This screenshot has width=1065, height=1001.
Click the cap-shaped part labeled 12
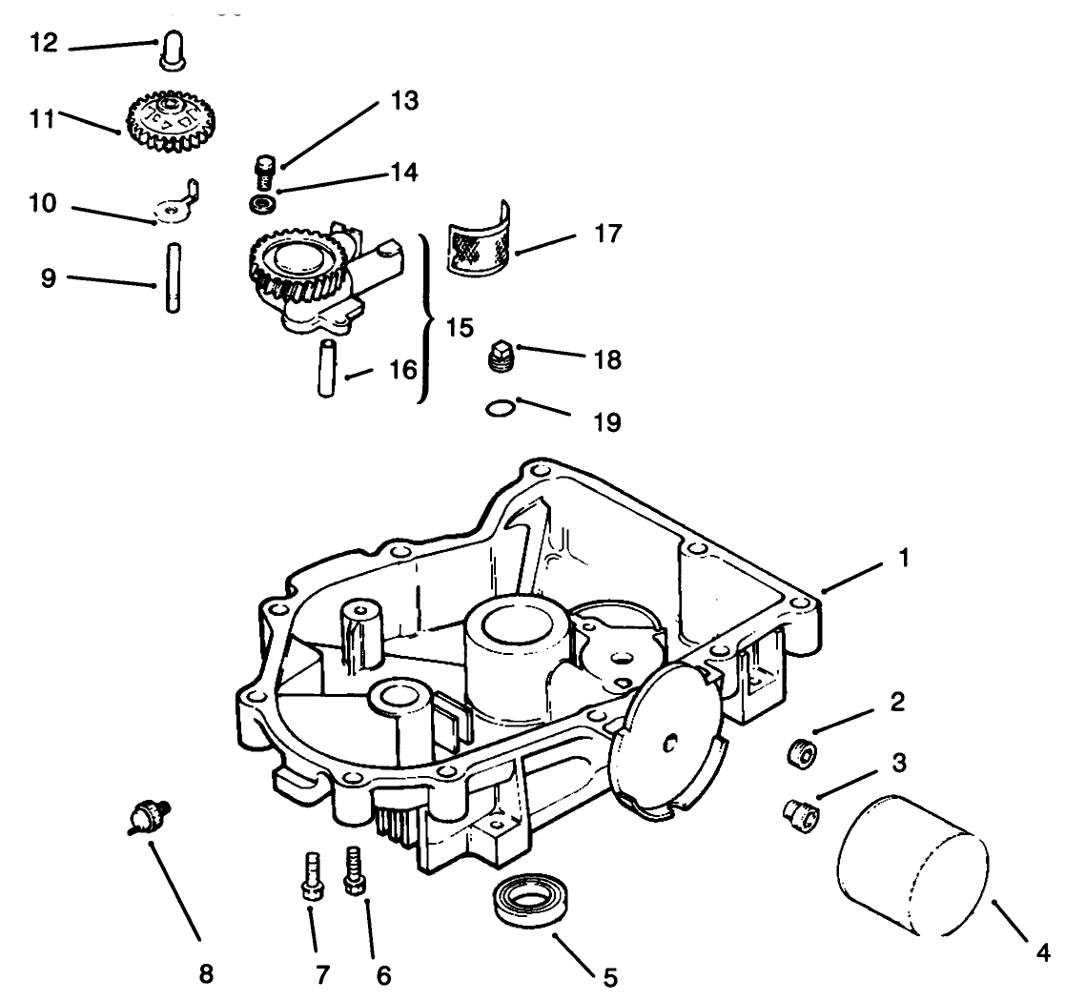171,50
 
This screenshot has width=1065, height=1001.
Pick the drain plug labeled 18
500,358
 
